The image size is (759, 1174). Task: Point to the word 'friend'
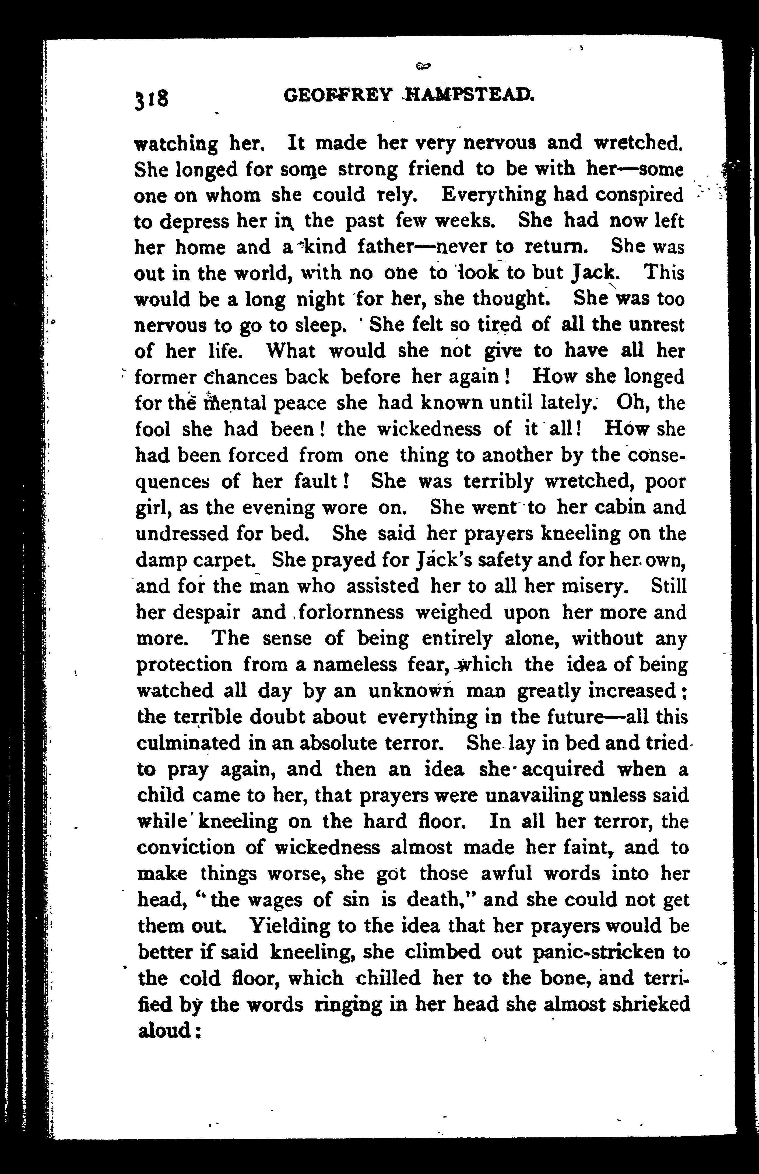click(x=436, y=169)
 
